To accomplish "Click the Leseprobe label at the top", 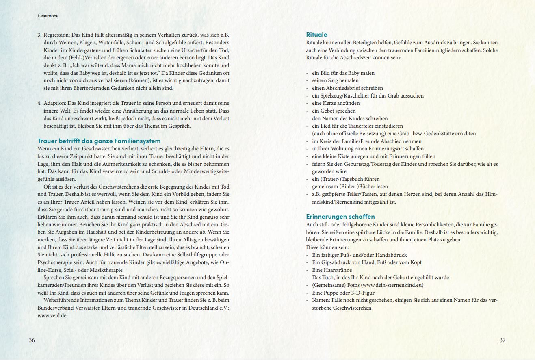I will [x=45, y=16].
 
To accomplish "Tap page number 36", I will [x=32, y=340].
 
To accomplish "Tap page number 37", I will [x=503, y=340].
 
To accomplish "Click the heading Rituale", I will [x=316, y=35].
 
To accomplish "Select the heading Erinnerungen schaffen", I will [x=340, y=217].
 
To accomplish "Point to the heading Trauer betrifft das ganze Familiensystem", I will [x=99, y=141].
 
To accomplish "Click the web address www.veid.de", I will [x=52, y=316].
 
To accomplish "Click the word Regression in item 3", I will [x=56, y=35].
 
